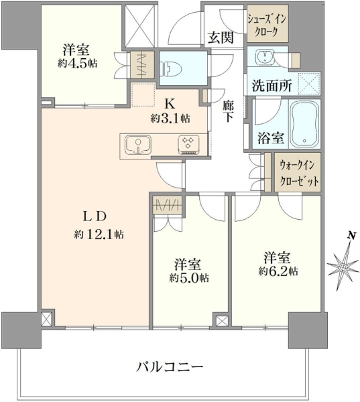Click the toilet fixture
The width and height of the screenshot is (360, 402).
171,68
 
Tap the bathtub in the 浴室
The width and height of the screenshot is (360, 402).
304,124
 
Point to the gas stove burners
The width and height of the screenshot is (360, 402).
188,144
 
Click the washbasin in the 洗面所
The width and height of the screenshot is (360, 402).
263,56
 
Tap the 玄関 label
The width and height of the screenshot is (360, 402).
221,38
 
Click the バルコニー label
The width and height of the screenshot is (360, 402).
170,367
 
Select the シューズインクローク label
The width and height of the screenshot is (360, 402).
267,25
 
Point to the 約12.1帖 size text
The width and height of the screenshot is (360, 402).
99,234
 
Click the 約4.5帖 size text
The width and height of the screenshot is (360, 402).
78,63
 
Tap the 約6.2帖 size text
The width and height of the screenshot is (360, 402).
278,271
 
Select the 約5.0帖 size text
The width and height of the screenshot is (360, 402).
189,278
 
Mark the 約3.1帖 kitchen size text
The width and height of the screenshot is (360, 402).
170,118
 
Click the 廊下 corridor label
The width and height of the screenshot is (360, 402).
228,111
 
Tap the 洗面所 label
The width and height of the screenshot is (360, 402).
272,86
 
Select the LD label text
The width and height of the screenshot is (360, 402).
94,217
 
